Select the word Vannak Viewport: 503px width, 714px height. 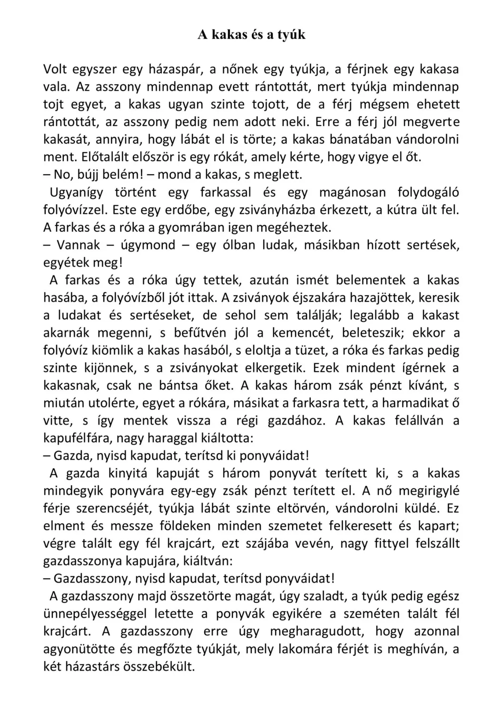coord(79,245)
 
